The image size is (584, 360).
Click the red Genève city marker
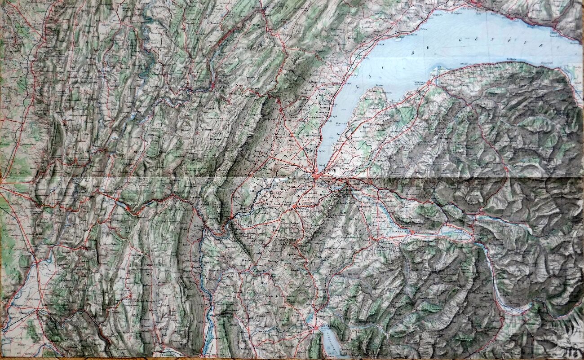click(316, 176)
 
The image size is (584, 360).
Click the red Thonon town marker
click(428, 83)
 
